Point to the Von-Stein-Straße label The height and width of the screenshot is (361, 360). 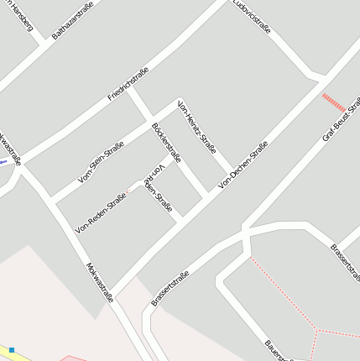[101, 162]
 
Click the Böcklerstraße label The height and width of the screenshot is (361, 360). [165, 142]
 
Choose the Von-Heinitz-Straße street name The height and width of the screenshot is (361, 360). [199, 133]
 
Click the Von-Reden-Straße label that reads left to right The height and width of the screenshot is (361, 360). [100, 212]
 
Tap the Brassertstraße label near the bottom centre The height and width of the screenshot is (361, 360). [170, 287]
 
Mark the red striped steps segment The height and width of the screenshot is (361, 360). [333, 102]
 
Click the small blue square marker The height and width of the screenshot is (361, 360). [12, 348]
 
